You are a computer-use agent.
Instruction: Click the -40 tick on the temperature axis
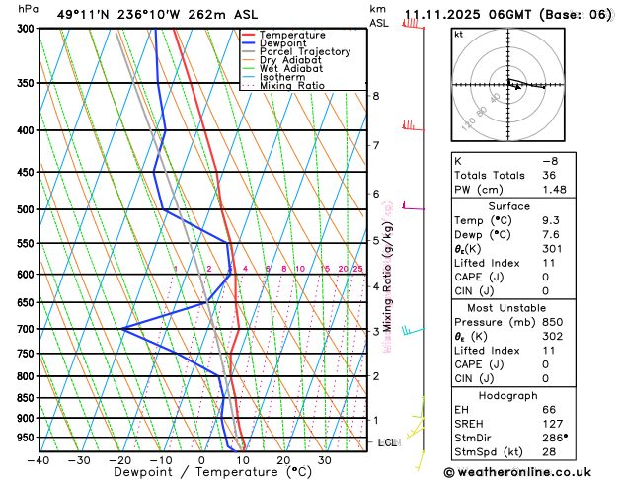(x=39, y=459)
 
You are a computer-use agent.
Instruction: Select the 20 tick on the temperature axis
(x=283, y=459)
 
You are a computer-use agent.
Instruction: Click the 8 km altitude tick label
(x=376, y=96)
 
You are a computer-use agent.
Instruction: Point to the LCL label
(x=387, y=442)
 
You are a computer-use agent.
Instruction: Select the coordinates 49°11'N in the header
(x=83, y=15)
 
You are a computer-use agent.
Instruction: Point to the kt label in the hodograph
(x=458, y=35)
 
